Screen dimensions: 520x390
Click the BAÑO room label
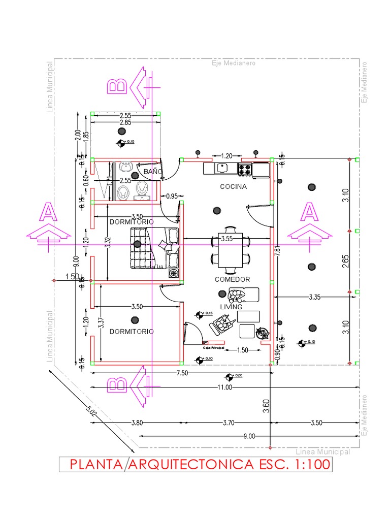[x=152, y=172]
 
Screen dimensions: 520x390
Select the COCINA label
[x=233, y=186]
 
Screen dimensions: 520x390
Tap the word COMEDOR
[x=232, y=279]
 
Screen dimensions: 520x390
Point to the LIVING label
[x=231, y=307]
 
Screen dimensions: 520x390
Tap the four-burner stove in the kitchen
[x=245, y=169]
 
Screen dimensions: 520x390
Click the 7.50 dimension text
[x=183, y=373]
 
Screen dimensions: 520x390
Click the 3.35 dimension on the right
[x=314, y=297]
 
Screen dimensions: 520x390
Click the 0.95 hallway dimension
[x=172, y=196]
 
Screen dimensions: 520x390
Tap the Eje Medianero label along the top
[x=234, y=63]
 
